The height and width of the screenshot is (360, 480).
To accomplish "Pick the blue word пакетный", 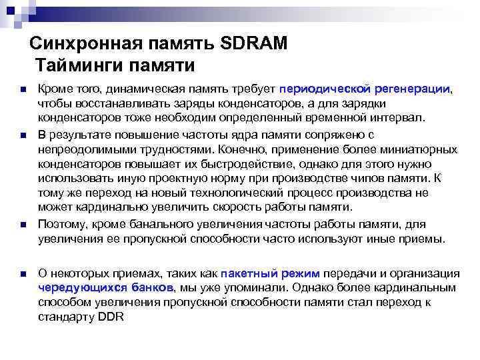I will [x=251, y=274].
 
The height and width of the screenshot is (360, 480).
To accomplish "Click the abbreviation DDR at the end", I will [x=111, y=317].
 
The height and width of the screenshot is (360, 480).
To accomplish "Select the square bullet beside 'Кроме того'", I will [x=23, y=89].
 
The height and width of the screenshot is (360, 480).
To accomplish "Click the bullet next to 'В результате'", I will [x=23, y=136].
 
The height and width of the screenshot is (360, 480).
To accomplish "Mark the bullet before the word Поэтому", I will [x=23, y=225].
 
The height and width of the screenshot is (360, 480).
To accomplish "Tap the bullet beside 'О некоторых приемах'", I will [x=23, y=274].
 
